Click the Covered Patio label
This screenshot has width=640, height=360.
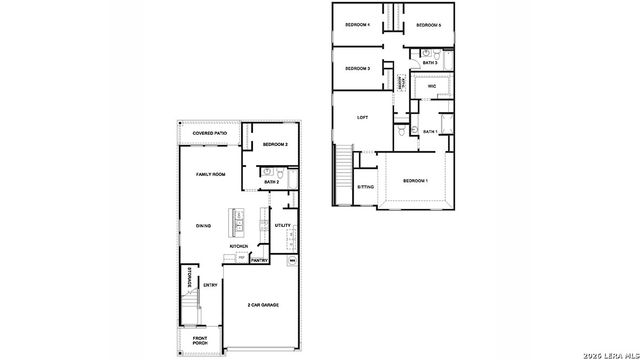point(211,133)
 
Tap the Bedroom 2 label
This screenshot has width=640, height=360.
point(275,145)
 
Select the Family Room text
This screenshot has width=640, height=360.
point(210,174)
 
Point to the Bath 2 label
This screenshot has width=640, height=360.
point(271,182)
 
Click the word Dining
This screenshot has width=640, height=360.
point(203,226)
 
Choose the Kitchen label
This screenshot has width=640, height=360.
point(239,246)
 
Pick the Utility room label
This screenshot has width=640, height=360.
point(283,226)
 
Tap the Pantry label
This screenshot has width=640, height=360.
point(259,260)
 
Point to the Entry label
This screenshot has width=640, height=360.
point(210,285)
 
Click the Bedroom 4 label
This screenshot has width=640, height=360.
point(358,24)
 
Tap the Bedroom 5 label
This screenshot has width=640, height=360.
point(428,24)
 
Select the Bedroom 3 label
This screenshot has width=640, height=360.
point(358,68)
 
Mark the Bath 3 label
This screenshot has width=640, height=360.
point(430,62)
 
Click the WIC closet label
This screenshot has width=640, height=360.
point(432,87)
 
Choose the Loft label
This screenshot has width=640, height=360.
point(363,117)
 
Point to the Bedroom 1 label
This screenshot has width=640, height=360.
point(415,181)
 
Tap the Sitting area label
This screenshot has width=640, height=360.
point(366,187)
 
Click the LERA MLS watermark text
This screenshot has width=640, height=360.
point(610,352)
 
